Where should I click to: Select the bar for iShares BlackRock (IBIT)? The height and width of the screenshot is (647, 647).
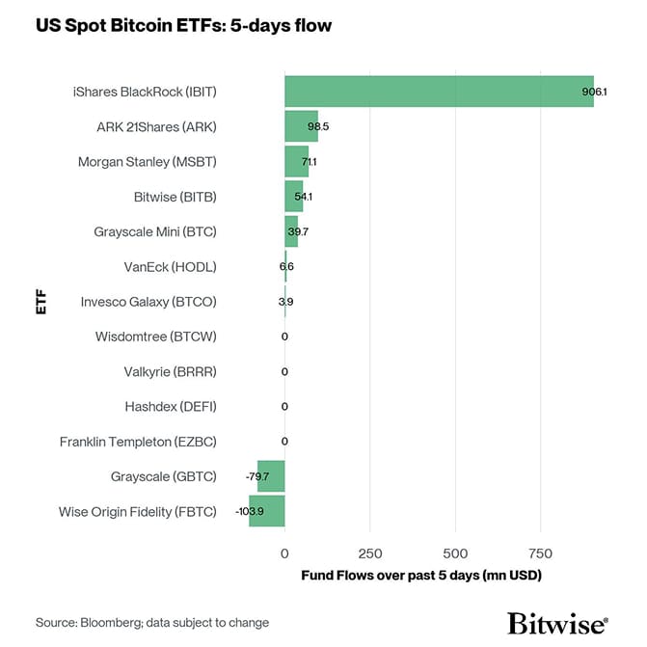439,91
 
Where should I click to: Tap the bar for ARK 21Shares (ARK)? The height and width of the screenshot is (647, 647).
301,126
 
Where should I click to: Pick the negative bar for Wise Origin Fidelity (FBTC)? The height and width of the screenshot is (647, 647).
267,510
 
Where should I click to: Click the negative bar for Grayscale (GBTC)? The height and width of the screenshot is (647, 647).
271,475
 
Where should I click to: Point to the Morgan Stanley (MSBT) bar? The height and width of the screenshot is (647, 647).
296,161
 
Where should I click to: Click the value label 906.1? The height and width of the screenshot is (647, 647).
595,91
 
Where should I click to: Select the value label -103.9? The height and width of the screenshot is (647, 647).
250,510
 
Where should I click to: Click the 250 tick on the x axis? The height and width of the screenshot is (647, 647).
369,553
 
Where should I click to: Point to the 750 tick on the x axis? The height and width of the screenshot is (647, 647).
540,553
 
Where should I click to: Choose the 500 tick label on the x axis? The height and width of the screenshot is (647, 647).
455,553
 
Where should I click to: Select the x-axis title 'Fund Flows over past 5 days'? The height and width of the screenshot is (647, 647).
421,576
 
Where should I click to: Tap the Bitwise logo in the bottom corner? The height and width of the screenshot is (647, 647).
557,622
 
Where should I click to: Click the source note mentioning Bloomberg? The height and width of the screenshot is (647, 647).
152,623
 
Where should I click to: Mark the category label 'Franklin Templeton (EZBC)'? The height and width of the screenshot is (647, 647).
138,441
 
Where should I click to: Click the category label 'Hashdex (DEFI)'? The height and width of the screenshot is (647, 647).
171,406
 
